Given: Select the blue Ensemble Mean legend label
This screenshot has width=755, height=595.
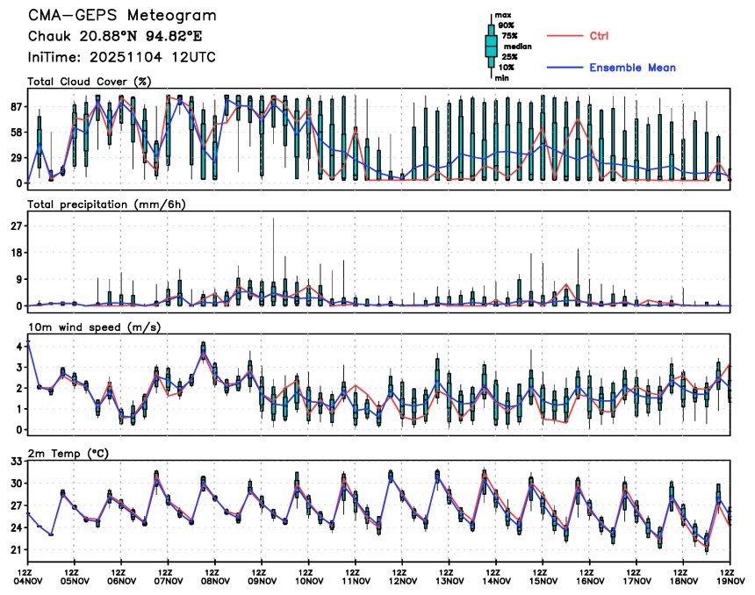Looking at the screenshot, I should (632, 68).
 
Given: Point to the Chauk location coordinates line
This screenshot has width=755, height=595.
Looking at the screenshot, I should (103, 37).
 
